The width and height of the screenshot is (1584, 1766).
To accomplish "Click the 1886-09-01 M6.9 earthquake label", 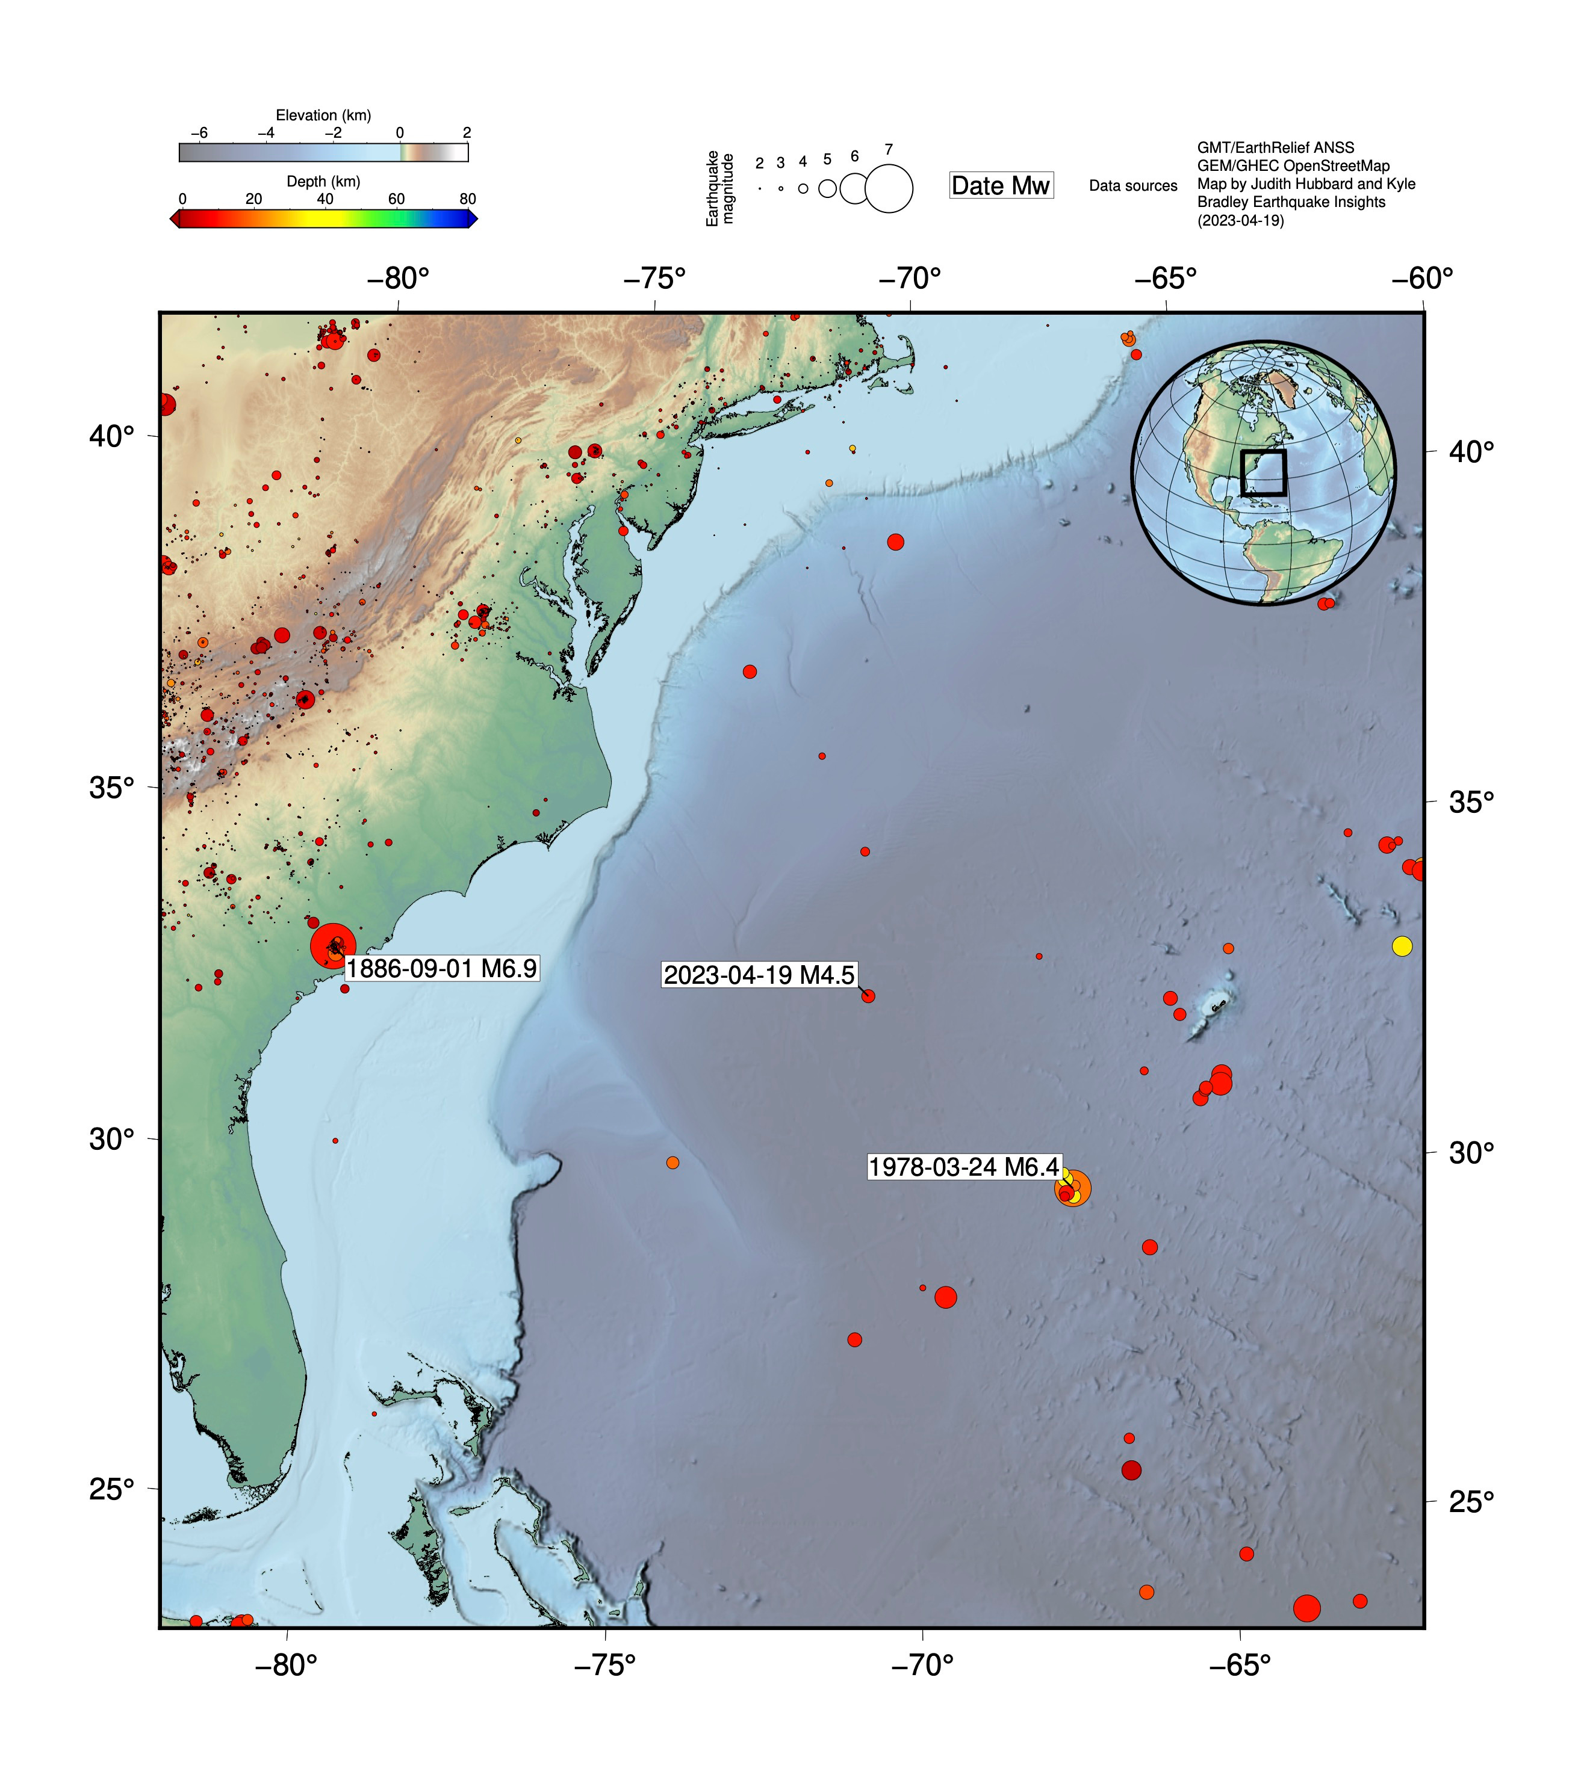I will tap(441, 968).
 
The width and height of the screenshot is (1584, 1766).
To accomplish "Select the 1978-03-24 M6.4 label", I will tap(963, 1167).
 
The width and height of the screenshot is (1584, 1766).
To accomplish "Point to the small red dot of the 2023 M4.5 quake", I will tap(868, 996).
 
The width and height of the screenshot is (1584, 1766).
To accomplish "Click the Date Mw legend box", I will tap(1001, 185).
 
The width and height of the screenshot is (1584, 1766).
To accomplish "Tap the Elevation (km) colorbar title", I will tap(323, 115).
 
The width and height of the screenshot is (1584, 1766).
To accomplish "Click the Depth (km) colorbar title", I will tap(323, 181).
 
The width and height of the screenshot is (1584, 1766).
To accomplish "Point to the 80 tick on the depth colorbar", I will tap(467, 199).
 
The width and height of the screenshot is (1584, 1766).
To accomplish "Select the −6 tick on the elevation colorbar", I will tap(199, 133).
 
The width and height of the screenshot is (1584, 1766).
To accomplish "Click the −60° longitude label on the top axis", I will tap(1422, 279).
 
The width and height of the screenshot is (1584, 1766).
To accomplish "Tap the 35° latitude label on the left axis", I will tap(112, 787).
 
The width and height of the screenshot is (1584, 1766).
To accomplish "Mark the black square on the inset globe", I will tap(1263, 472).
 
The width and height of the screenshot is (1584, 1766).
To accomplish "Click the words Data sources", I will tap(1132, 186).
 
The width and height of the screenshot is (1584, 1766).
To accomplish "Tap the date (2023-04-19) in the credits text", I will tap(1240, 220).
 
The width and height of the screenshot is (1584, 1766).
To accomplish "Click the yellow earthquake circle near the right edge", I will tap(1401, 946).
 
